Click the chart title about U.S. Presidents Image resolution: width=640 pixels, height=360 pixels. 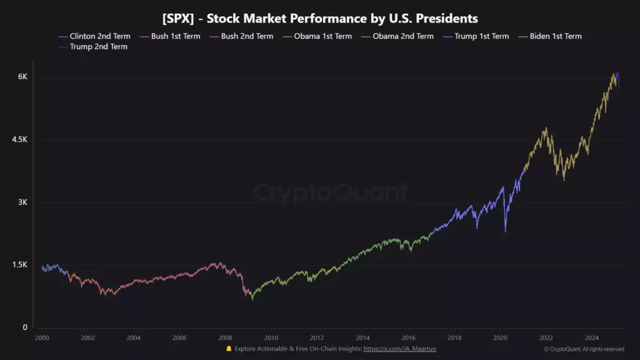click(320, 18)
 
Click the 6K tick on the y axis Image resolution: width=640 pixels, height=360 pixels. click(22, 77)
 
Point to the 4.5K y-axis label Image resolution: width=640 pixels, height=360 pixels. click(19, 140)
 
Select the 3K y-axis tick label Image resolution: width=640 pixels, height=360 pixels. click(22, 202)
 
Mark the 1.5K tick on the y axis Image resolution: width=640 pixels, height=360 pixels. click(19, 265)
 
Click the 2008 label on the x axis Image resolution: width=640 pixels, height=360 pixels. click(225, 337)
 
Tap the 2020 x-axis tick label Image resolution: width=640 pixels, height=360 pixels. click(501, 337)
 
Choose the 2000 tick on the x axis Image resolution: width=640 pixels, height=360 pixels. click(42, 337)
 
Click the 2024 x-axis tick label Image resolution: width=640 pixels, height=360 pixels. click(592, 337)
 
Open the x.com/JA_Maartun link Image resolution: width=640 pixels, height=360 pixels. click(399, 348)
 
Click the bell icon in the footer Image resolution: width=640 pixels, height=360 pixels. click(229, 348)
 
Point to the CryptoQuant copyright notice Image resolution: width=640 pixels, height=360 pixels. click(584, 349)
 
